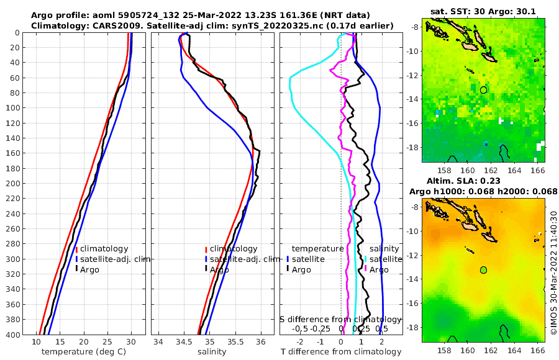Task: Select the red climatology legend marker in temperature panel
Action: (x=76, y=249)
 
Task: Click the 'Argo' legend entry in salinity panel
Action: (x=219, y=269)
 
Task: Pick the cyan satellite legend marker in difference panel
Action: (x=366, y=259)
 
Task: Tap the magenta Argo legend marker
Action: (x=366, y=269)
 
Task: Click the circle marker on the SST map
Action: (x=483, y=90)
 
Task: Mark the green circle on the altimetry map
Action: (x=483, y=270)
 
